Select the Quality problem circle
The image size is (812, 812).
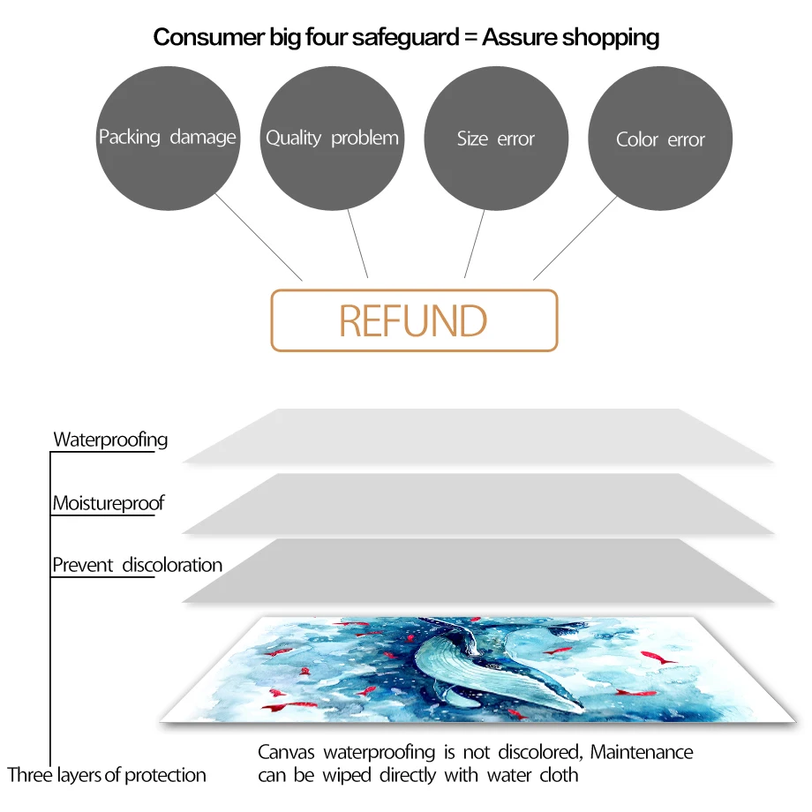[332, 138]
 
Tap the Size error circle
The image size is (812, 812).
[496, 139]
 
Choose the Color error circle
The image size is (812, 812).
[660, 139]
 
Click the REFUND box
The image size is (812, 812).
[414, 320]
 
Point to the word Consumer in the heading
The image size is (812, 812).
[203, 38]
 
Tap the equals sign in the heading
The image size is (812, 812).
[466, 38]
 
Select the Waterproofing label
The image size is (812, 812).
[110, 440]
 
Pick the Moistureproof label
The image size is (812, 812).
[109, 504]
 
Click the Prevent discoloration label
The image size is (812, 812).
[138, 565]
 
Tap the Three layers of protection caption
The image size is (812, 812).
[107, 776]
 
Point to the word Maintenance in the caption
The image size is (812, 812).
[642, 753]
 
